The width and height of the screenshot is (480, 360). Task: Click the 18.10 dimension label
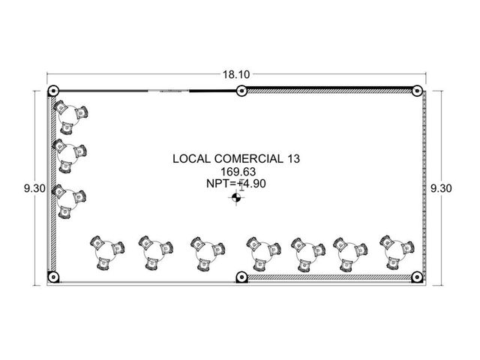point(236,74)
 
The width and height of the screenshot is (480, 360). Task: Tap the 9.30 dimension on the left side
point(34,188)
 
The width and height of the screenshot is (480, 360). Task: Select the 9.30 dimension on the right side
point(441,188)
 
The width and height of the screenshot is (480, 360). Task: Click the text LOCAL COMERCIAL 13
point(236,158)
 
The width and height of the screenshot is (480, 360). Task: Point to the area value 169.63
point(238,172)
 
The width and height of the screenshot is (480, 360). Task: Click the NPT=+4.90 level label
point(236,184)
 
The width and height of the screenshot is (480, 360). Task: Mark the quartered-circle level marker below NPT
point(236,197)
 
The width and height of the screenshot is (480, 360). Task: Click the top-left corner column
point(53,91)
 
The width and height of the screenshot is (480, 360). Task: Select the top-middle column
point(241,91)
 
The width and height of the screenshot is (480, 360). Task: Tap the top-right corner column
point(417,91)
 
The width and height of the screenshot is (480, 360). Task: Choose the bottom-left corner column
point(53,277)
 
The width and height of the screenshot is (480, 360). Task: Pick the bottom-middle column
point(241,277)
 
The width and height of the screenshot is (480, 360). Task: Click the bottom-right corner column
point(417,277)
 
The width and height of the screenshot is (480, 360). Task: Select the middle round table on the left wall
point(68,154)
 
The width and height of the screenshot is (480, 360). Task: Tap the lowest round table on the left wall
point(67,200)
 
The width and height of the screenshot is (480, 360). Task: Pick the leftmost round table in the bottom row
point(106,252)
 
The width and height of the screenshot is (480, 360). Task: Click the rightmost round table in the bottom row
point(395,252)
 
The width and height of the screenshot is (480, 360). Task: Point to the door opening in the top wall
point(168,91)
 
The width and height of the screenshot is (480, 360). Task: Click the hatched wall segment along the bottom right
point(329,277)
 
